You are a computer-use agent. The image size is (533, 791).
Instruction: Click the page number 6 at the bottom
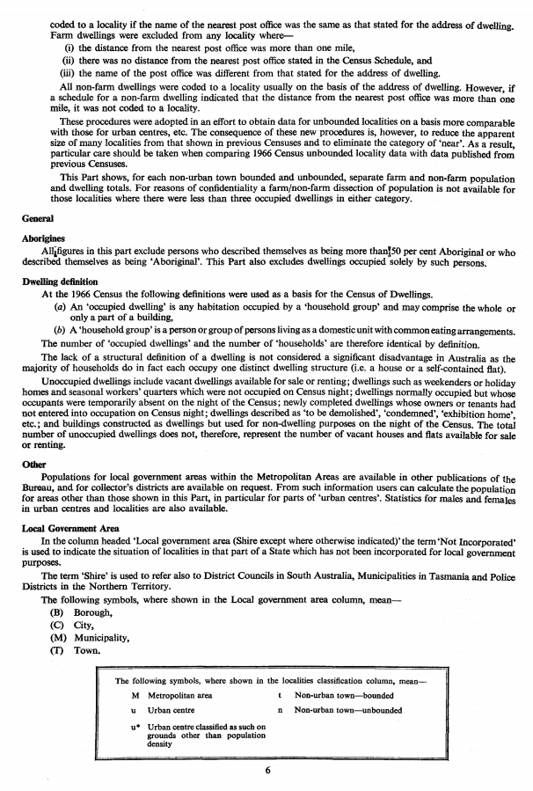[266, 771]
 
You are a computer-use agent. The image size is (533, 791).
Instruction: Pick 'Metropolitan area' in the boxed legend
[179, 695]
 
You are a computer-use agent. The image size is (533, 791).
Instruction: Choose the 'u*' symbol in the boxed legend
[132, 726]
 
